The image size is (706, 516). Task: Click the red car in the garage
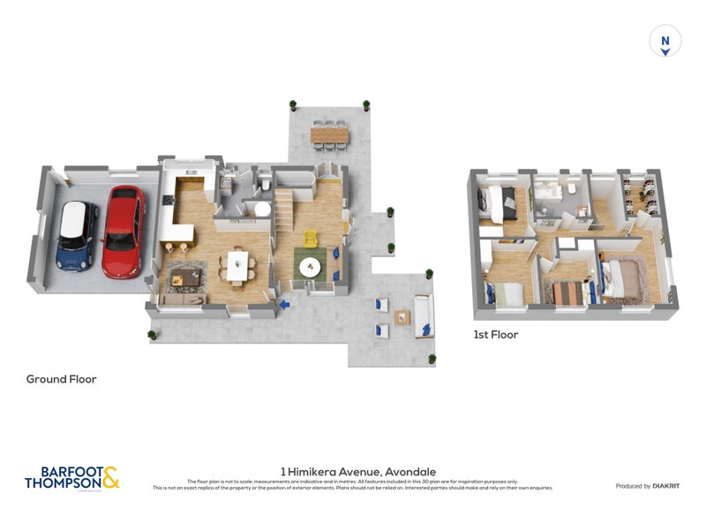coord(123,231)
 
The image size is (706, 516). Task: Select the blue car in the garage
coord(78,235)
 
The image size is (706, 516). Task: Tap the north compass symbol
coord(665,42)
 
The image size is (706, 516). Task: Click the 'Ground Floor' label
coord(61,379)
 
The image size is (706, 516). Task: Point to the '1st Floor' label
coord(495,335)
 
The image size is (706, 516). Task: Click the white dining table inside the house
coord(237,265)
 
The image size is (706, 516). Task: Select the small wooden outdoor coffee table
coord(402,316)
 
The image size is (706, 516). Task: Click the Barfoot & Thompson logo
coord(71,478)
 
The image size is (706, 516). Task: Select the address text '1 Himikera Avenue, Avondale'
coord(358,472)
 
